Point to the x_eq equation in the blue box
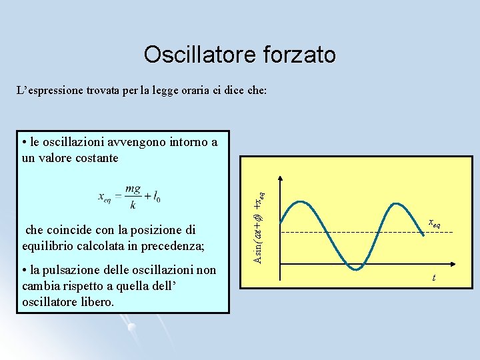click(x=129, y=197)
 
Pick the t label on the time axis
click(x=434, y=277)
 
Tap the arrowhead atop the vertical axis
click(x=280, y=179)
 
